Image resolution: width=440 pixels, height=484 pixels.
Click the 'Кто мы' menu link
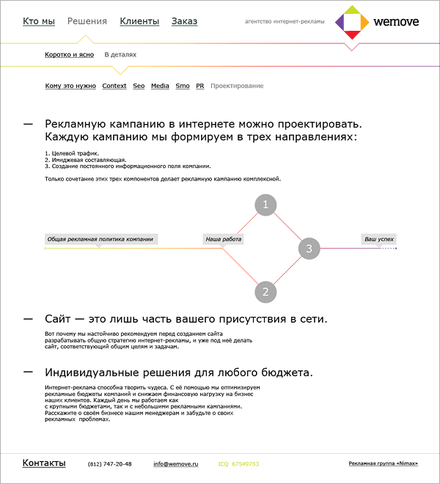(39, 21)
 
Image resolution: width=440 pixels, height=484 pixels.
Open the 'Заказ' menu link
(184, 21)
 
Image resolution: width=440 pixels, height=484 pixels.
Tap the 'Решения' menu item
(87, 21)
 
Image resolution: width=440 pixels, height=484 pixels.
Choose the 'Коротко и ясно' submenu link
(69, 54)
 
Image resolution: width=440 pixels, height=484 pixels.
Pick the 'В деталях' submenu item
(120, 54)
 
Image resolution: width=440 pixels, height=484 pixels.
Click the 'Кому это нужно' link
(70, 86)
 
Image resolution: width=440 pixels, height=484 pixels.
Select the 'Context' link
(114, 86)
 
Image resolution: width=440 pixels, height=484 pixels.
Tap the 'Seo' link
(139, 86)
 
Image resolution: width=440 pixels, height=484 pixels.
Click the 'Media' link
(160, 86)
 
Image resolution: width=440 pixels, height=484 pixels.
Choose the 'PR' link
(199, 86)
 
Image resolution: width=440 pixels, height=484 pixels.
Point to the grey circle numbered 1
(265, 205)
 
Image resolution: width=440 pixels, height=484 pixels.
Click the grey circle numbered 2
(265, 292)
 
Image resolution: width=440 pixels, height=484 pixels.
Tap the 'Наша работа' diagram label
(223, 239)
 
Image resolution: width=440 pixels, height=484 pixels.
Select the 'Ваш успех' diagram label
(379, 239)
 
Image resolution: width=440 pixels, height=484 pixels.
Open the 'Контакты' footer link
(44, 463)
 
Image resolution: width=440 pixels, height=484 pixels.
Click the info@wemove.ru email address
(176, 464)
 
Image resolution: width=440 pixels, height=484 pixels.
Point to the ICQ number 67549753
(244, 464)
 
